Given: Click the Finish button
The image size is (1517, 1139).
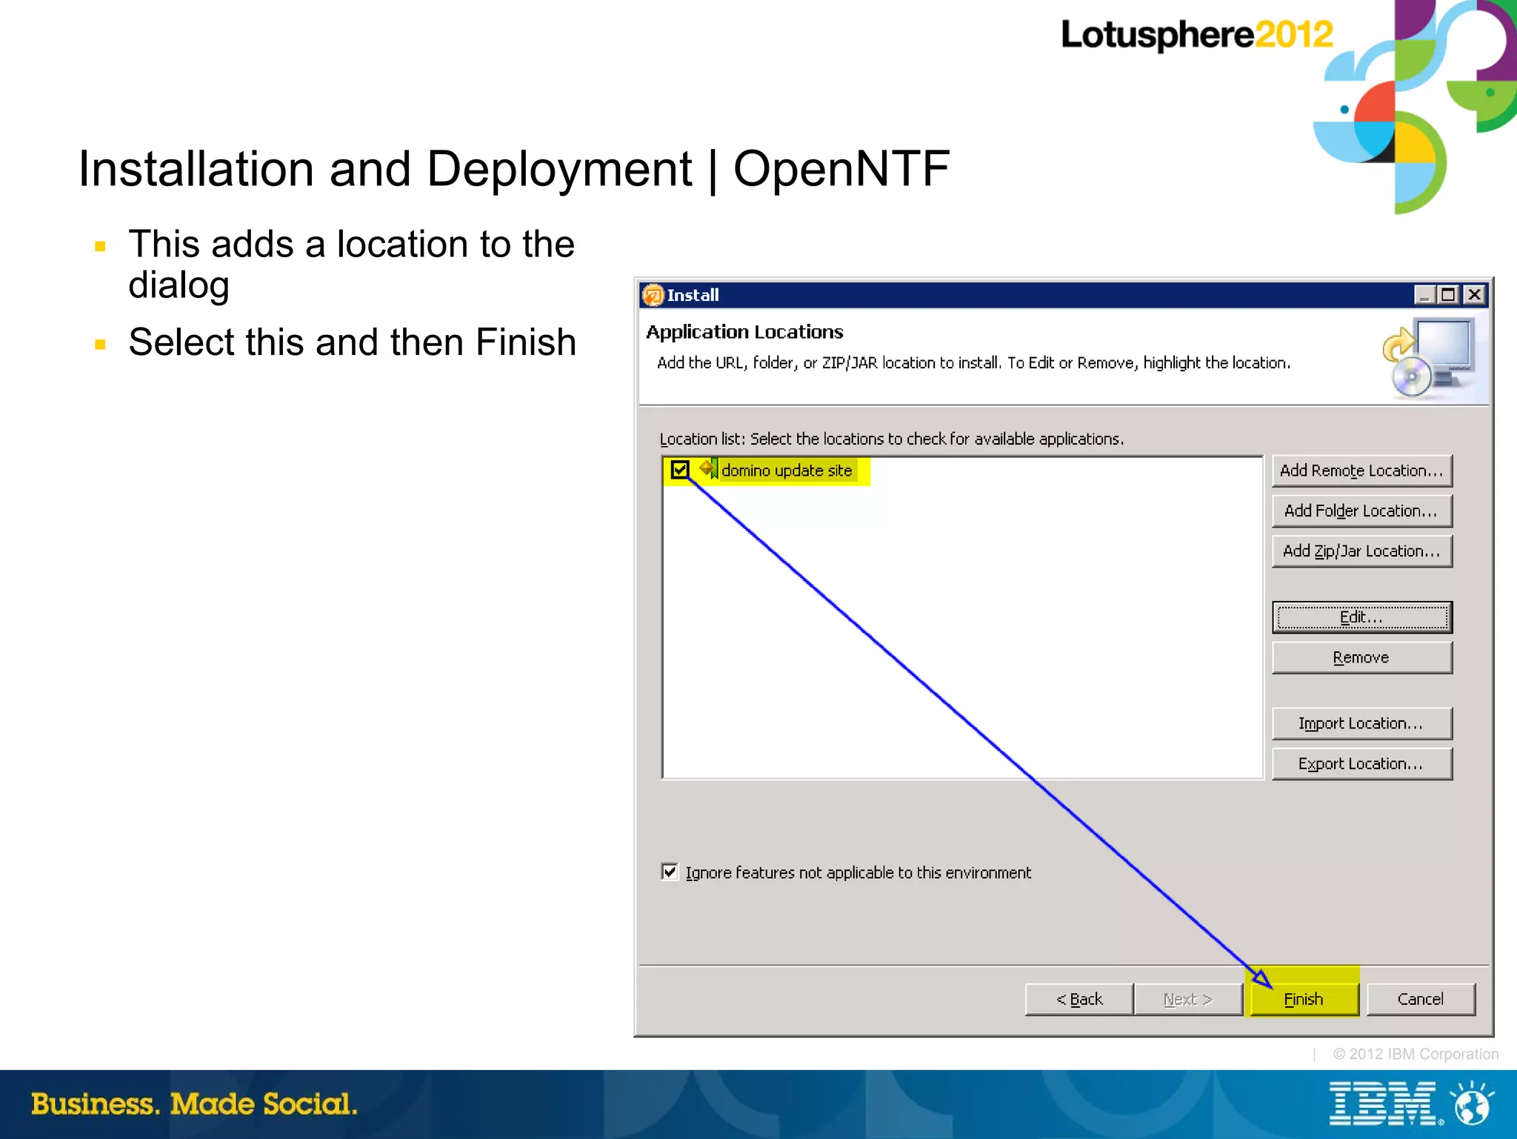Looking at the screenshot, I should [1303, 999].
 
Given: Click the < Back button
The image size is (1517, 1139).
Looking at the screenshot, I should [1079, 999].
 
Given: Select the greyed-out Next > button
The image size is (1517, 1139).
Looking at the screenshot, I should [1188, 999].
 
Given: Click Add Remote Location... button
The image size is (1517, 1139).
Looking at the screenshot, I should [1361, 471].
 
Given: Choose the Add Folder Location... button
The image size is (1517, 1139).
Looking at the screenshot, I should [1361, 511].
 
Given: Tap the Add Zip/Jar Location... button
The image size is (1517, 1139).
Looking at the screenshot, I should [1361, 551].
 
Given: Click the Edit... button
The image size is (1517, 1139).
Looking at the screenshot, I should [1361, 617].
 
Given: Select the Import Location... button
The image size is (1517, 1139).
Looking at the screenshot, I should [1361, 723].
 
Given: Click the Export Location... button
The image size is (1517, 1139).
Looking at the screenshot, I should [1361, 764].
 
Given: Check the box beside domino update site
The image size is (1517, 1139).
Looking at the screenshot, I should [680, 470].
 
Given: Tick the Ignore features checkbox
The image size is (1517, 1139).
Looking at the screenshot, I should [670, 871].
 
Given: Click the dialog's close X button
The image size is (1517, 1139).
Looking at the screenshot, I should [1474, 295].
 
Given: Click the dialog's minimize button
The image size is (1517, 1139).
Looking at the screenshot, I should [1424, 295].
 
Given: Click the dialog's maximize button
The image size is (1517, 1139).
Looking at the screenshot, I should [1448, 295].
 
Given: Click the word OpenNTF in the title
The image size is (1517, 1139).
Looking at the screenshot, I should [841, 169].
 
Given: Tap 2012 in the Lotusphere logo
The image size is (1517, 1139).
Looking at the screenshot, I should [1293, 35].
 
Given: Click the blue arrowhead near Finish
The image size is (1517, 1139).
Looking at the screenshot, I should [1262, 978].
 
